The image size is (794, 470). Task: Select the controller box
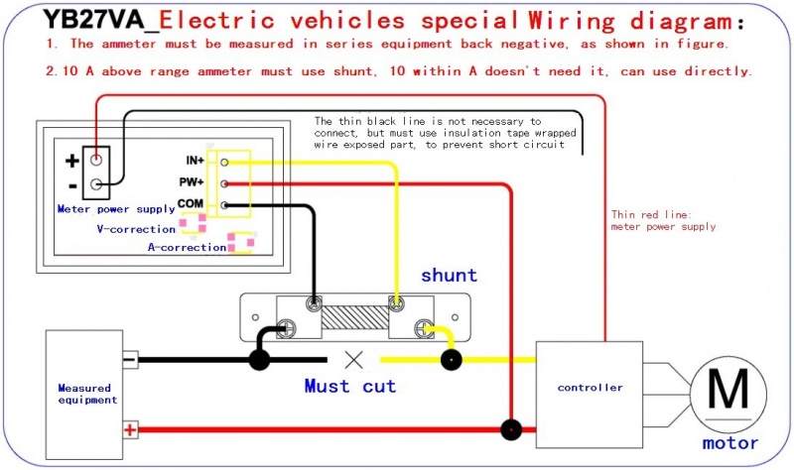(590, 387)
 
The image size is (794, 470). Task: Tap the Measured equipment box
(86, 394)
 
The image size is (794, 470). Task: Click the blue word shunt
(449, 276)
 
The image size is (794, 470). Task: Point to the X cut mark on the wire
(351, 360)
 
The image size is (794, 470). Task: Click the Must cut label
(349, 386)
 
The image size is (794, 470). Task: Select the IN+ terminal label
(195, 161)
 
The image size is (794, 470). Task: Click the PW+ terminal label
(194, 182)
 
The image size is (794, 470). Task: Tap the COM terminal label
(191, 204)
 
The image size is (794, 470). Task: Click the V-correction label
(136, 229)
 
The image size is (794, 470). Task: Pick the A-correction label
(187, 248)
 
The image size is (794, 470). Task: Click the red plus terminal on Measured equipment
(129, 429)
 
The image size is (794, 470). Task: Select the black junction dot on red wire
(511, 429)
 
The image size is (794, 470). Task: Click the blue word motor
(729, 443)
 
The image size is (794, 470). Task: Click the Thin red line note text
(662, 220)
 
